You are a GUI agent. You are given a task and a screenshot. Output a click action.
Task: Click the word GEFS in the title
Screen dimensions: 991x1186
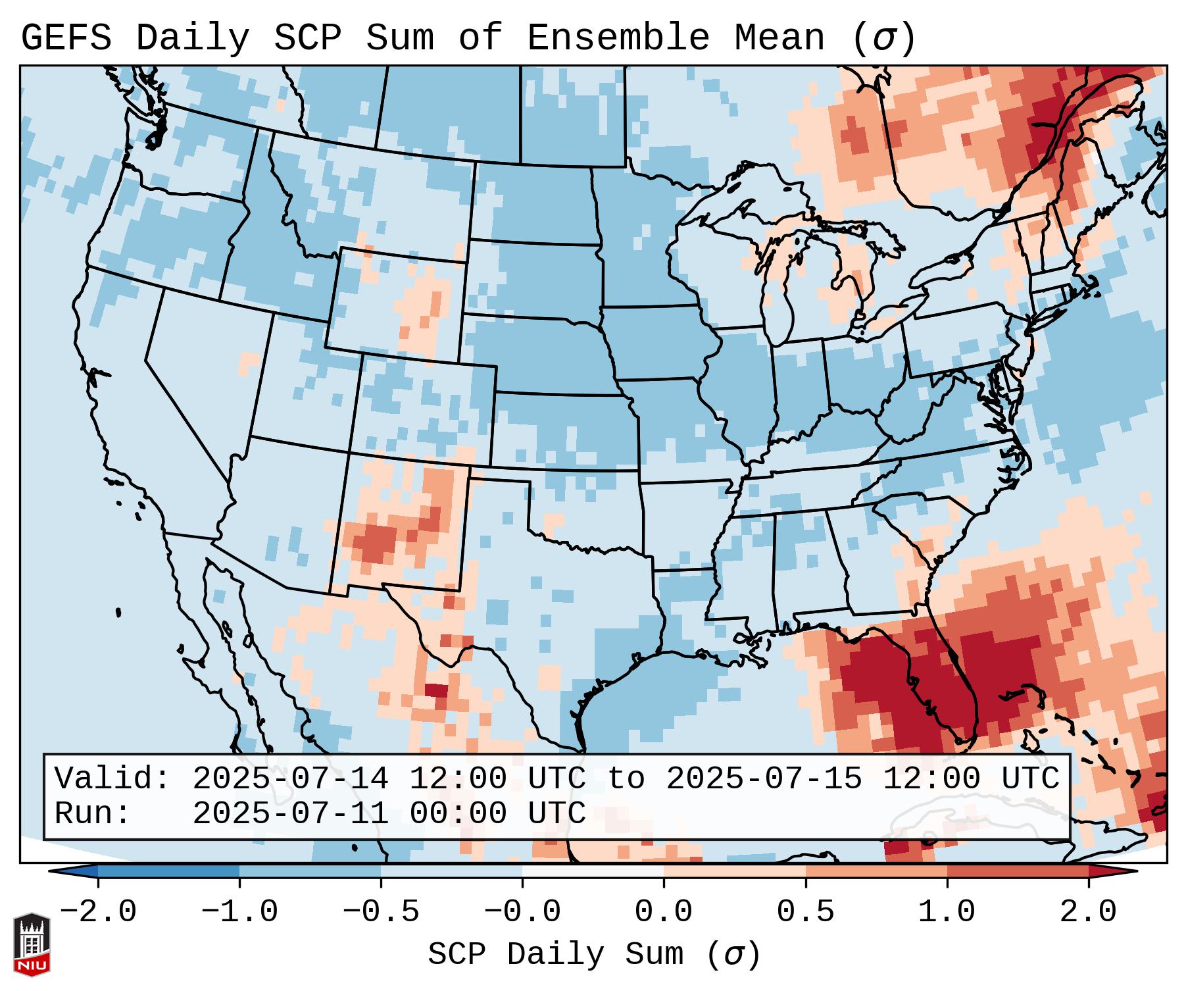point(66,38)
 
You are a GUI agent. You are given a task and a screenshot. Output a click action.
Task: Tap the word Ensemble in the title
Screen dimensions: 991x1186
point(618,38)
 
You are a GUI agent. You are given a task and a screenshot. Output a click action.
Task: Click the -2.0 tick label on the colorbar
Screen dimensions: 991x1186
point(98,912)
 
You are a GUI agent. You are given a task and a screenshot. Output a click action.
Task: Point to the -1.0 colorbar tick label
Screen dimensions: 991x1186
point(239,912)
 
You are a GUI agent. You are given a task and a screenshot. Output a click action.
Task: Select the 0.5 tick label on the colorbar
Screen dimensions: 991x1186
point(805,912)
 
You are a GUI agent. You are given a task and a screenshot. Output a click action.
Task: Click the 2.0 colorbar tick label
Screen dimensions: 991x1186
point(1088,912)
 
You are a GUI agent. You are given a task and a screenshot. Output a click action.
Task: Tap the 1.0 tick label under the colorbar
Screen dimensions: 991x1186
point(947,912)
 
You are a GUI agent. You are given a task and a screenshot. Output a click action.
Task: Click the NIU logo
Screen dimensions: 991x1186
point(32,944)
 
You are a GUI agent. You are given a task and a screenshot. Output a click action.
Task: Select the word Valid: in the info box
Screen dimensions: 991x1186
point(112,778)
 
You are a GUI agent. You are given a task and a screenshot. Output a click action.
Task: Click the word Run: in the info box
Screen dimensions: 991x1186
point(93,813)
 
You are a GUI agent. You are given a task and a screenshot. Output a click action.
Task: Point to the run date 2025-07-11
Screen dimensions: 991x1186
point(290,813)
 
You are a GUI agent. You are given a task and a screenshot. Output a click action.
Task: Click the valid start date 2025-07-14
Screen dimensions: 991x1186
point(290,778)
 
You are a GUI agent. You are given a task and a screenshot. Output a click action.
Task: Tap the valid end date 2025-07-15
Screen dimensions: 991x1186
point(764,778)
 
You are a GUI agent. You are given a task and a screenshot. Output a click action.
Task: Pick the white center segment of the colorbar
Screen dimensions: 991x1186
point(593,871)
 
